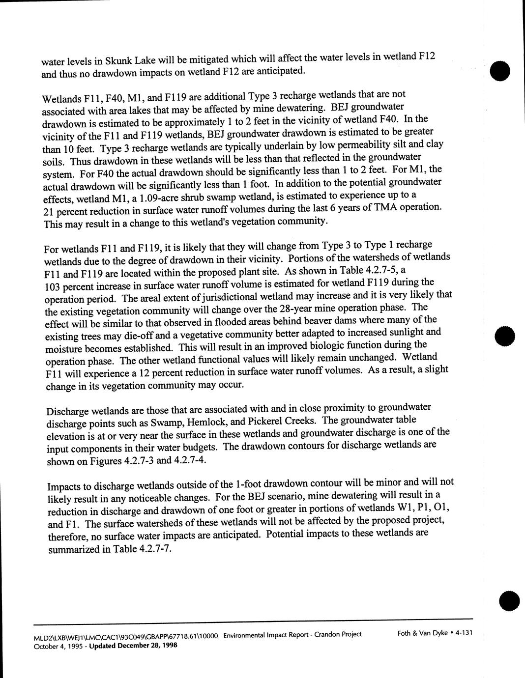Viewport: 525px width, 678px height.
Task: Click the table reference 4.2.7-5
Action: [x=379, y=270]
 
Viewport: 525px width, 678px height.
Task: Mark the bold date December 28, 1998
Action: [x=146, y=645]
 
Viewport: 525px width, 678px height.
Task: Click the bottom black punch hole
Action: [x=507, y=600]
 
